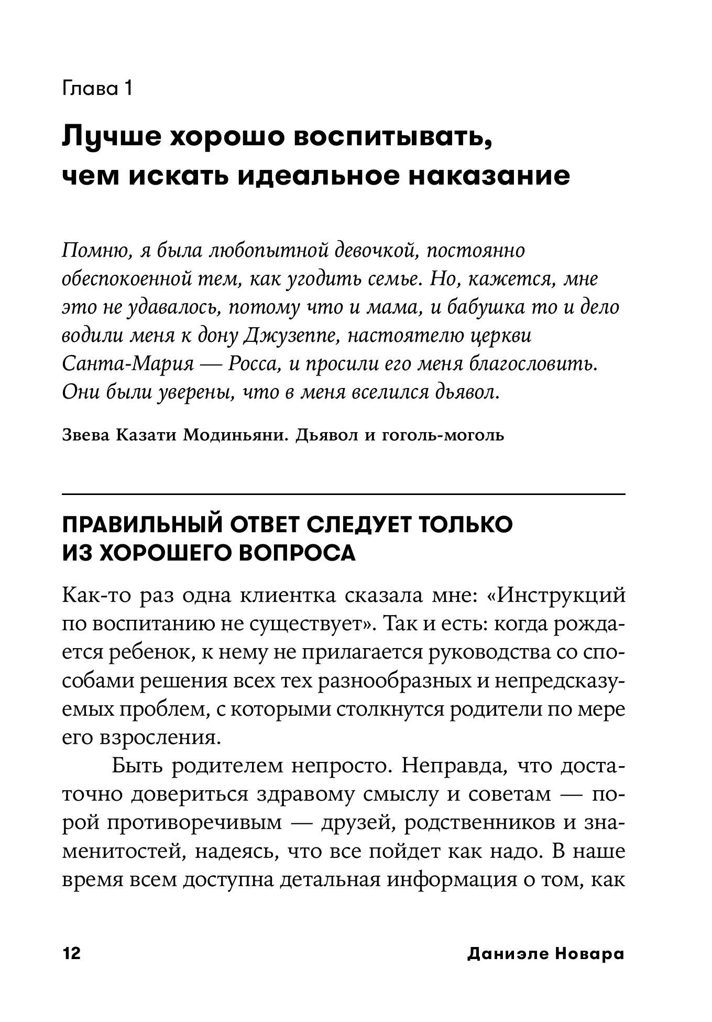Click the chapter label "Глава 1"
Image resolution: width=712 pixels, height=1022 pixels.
coord(97,88)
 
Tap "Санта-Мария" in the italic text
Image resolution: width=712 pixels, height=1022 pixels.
coord(128,364)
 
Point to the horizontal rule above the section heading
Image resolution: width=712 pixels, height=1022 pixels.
coord(344,494)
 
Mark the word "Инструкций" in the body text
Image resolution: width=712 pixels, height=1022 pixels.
coord(560,595)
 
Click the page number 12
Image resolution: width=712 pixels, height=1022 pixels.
coord(72,954)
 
